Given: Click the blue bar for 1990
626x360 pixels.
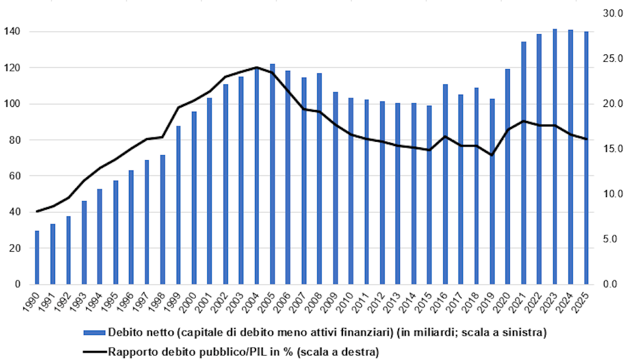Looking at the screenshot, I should click(37, 257).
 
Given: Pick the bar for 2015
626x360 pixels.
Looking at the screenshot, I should click(429, 195).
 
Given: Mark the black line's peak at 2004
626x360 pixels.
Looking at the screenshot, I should click(257, 67).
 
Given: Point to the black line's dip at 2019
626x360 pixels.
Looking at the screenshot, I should click(492, 155).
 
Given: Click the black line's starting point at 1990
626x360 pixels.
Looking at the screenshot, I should click(37, 211).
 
